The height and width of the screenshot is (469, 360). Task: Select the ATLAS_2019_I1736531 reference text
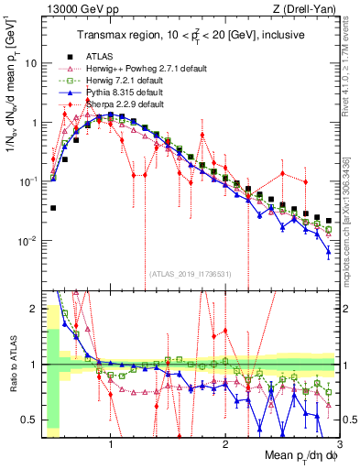click(191, 273)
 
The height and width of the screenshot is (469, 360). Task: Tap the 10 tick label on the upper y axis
click(30, 63)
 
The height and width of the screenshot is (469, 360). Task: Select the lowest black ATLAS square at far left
click(53, 208)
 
